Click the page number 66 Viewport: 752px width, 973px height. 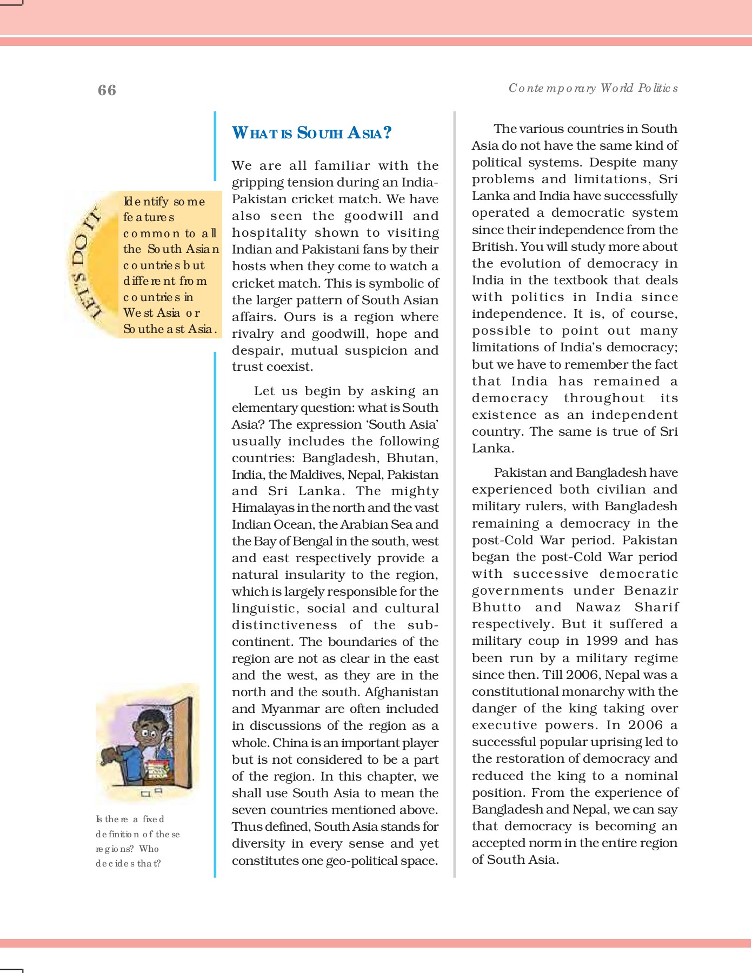point(107,90)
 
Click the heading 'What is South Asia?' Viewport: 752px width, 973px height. point(311,133)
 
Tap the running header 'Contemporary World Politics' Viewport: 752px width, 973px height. point(593,88)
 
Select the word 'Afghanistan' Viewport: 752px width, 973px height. point(402,692)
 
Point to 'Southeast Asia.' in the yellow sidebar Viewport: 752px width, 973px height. point(170,329)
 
